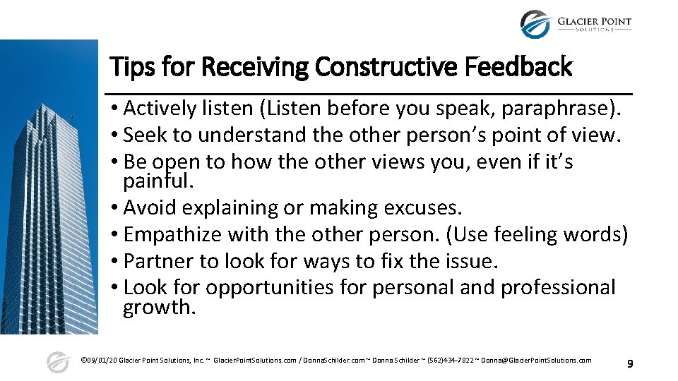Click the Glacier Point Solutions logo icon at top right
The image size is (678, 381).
pyautogui.click(x=535, y=25)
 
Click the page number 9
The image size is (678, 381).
pyautogui.click(x=630, y=364)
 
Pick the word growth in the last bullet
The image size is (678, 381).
pyautogui.click(x=159, y=307)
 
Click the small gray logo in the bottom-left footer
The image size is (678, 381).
pyautogui.click(x=57, y=362)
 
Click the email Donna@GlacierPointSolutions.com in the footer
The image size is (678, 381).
pyautogui.click(x=536, y=361)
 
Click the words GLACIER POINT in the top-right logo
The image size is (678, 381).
pyautogui.click(x=594, y=21)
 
